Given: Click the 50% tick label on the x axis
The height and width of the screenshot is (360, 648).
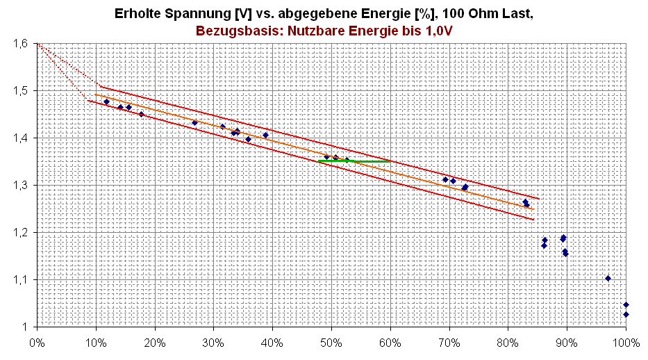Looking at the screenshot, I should [x=331, y=342].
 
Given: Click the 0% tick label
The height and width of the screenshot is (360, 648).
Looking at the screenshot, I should [x=37, y=342].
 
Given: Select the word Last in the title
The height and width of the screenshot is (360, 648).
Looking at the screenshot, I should [x=519, y=13].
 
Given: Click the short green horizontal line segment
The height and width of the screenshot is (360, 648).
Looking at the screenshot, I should [x=354, y=161].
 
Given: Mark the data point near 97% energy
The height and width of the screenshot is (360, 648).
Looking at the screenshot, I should [x=608, y=278].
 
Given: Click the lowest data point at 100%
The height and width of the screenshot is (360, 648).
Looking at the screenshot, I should [x=626, y=314].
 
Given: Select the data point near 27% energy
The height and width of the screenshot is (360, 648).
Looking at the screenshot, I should [x=194, y=123].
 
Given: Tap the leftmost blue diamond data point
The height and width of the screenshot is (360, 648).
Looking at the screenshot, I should [x=106, y=101].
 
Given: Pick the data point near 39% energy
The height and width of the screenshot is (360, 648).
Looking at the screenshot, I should [x=265, y=136].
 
